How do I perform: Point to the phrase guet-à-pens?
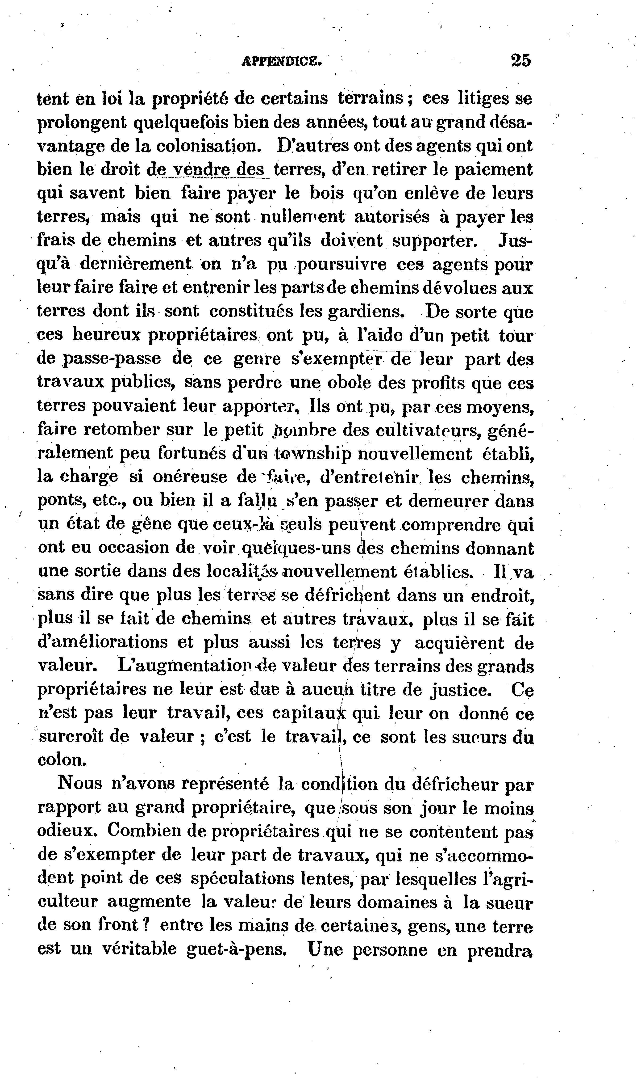pyautogui.click(x=237, y=948)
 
